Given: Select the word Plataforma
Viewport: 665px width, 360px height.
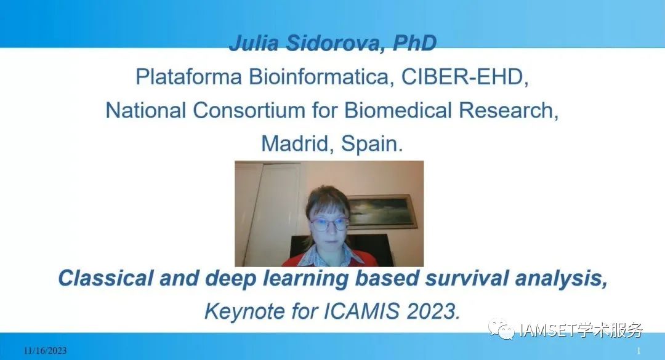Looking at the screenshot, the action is tap(189, 77).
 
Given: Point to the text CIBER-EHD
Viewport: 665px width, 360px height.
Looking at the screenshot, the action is tap(465, 77).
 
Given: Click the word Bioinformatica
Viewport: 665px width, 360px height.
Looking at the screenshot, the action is tap(319, 77).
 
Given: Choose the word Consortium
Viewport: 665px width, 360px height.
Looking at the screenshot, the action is tap(249, 110).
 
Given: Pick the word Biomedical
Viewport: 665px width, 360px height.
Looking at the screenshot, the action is tap(398, 110).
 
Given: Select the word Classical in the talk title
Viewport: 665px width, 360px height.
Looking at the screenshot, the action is tap(106, 278).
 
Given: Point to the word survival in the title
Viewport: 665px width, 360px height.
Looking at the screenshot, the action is tap(467, 278).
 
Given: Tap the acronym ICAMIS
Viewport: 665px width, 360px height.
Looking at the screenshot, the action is tap(361, 311).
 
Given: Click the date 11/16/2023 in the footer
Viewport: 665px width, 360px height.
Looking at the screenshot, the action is tap(45, 350).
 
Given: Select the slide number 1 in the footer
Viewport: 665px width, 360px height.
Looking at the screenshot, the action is tap(639, 351).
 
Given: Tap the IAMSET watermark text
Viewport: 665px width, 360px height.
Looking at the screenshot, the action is tap(547, 330).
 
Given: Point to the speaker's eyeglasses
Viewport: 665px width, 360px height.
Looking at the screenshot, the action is tap(329, 223).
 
